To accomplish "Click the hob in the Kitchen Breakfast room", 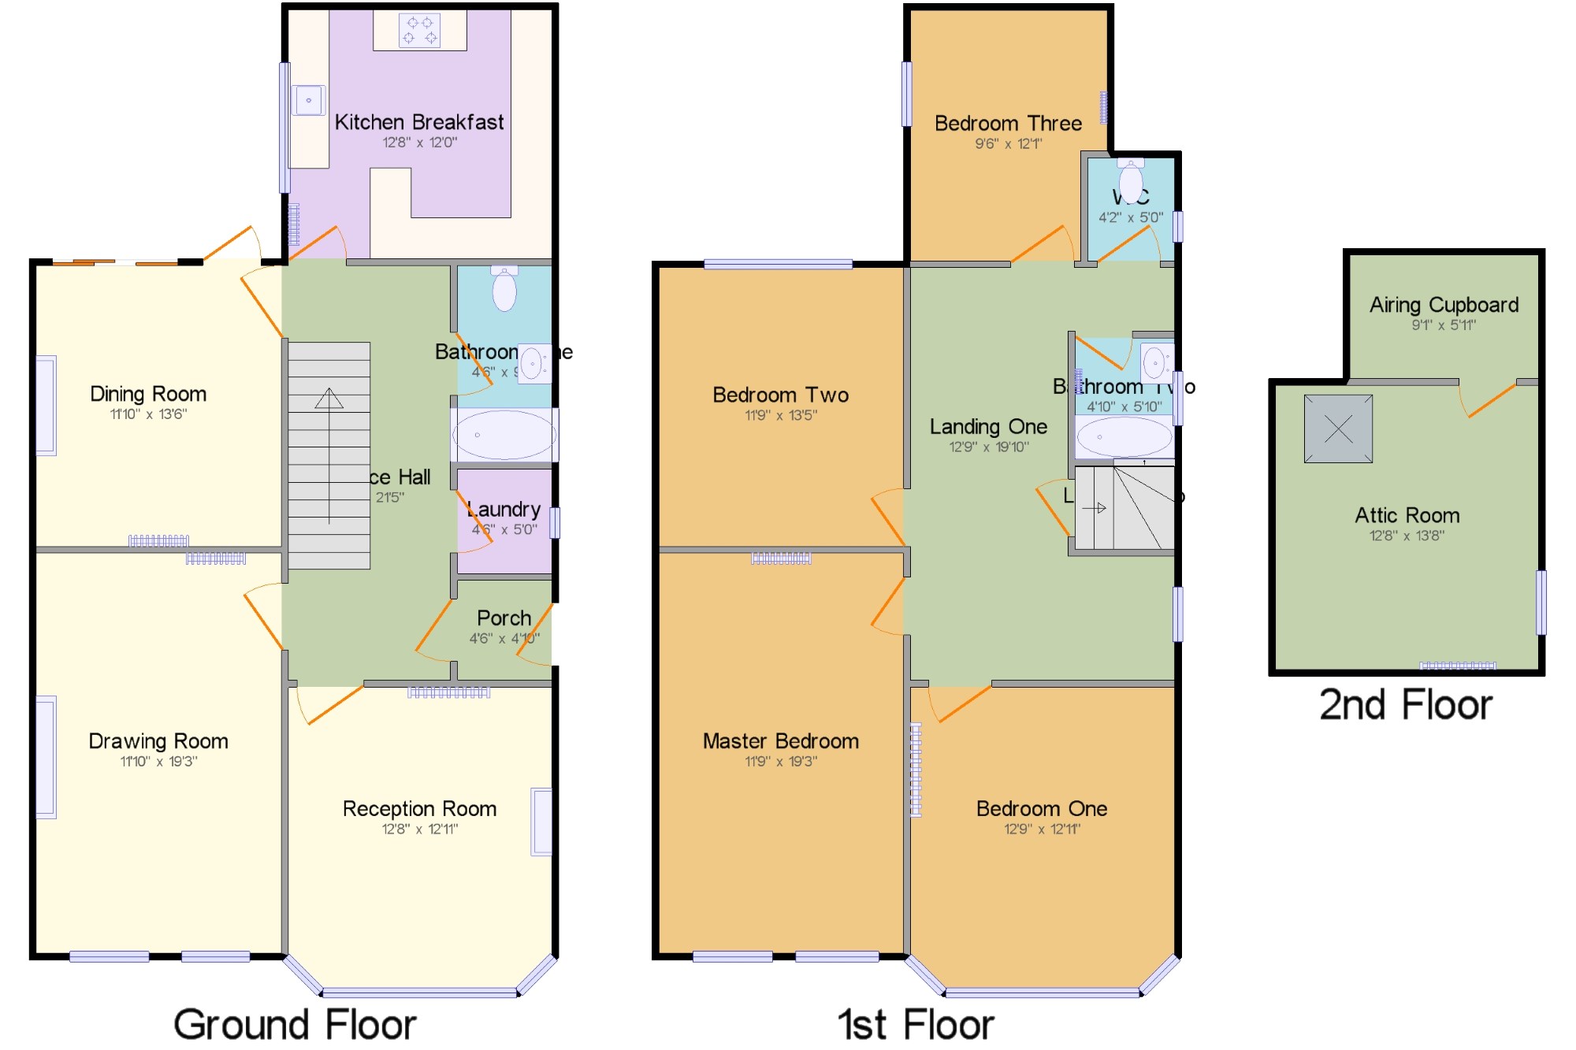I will coord(419,31).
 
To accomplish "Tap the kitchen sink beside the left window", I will coord(308,100).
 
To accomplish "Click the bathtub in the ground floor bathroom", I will coord(504,435).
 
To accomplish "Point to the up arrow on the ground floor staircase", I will coord(329,398).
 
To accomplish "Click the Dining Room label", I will coord(148,394).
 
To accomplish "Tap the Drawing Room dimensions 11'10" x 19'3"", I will coord(158,762).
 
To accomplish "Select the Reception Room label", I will coord(419,809).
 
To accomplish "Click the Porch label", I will coord(504,618).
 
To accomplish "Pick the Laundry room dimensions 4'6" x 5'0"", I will coord(504,530).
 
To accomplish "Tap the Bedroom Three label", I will coord(1008,124).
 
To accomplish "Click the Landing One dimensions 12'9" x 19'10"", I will coord(988,447).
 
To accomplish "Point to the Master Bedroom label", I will coord(780,741).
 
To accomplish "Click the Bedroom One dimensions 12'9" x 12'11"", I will coord(1042,829).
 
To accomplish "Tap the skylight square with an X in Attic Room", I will coord(1338,429).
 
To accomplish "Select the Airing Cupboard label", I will coord(1444,305).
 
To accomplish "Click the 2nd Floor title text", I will coord(1406,704).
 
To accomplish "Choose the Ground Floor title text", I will coord(295,1025).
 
